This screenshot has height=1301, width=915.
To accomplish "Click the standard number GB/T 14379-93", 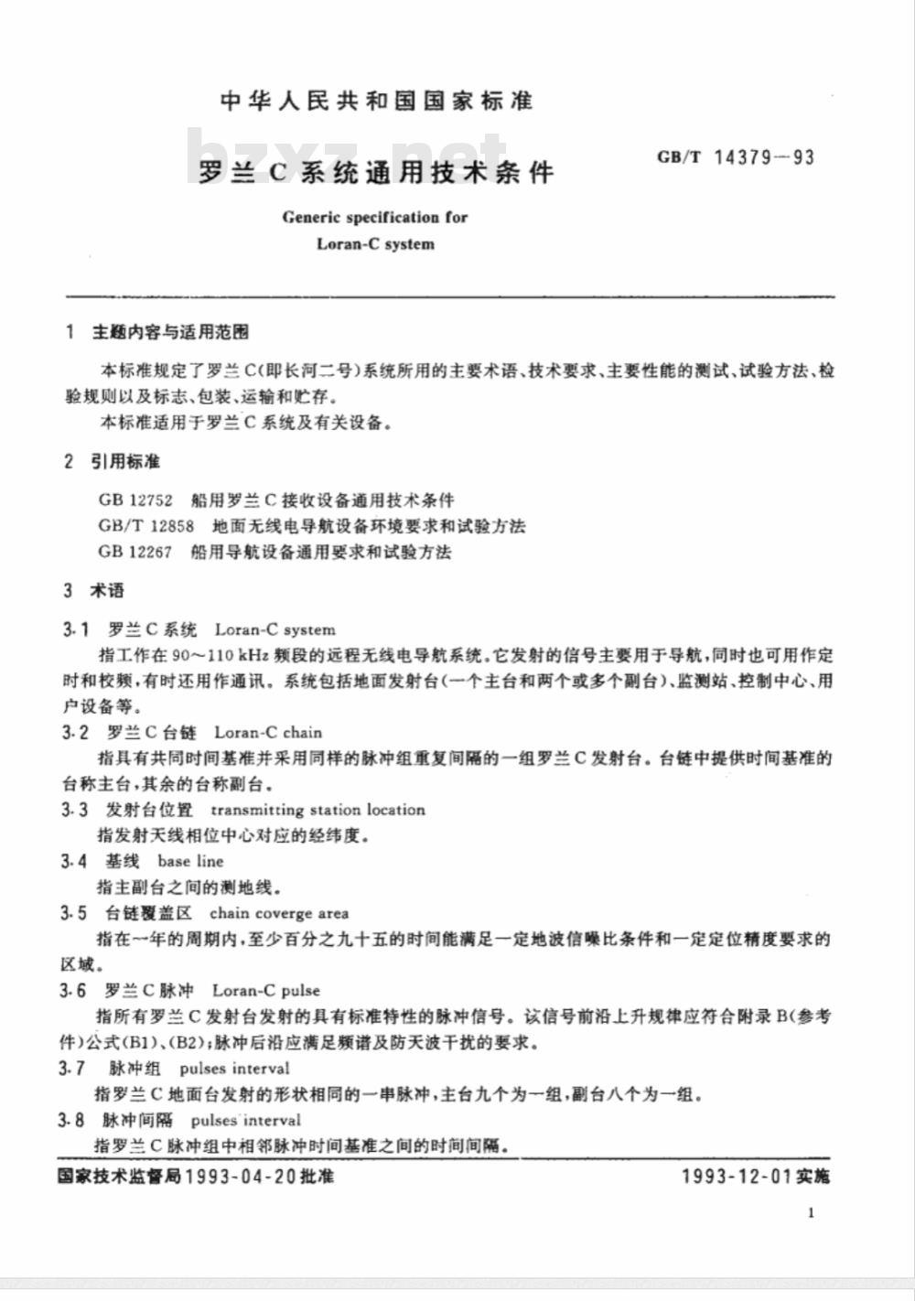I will point(735,157).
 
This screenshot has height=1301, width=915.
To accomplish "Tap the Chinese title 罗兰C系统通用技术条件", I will point(376,172).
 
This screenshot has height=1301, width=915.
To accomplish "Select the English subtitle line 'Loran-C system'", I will point(375,244).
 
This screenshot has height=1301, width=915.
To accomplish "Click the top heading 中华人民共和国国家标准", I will point(376,101).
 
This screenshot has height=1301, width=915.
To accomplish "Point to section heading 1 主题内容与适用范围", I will point(157,332).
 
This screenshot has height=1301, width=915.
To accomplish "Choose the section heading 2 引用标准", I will point(113,461).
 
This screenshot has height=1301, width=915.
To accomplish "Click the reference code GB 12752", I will point(135,500).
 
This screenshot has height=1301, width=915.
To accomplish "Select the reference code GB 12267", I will point(135,552).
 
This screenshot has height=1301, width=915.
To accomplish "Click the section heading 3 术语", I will point(94,590).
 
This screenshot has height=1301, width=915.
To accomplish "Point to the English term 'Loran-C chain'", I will point(268,733).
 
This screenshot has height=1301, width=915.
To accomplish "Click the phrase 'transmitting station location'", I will point(318,810).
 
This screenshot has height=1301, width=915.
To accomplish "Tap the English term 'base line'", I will point(190,861).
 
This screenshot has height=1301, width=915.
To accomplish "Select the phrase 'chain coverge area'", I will point(279,913).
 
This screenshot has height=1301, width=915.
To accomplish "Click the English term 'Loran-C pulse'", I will point(266,990).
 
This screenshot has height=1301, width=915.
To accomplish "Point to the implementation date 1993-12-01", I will point(737,1176).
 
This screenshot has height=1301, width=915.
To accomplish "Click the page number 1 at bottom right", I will point(812,1213).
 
